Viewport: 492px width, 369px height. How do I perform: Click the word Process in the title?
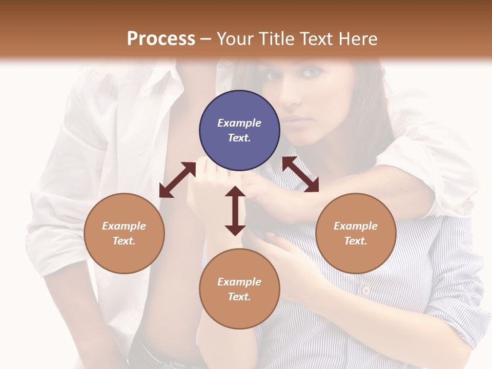161,39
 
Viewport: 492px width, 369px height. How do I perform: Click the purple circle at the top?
239,131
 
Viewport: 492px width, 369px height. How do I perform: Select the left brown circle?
124,233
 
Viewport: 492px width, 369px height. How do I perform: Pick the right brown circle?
356,233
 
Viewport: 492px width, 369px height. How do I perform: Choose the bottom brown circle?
239,289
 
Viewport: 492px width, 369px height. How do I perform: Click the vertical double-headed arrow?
235,211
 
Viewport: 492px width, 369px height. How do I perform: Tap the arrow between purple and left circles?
177,180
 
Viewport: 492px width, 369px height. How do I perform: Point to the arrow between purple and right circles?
300,174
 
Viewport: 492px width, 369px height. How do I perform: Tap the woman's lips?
293,122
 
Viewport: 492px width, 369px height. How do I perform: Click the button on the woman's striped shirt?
365,290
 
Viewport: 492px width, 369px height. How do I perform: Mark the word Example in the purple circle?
239,123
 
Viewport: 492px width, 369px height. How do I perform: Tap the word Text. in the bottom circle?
239,297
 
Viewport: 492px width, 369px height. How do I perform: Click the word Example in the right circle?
356,226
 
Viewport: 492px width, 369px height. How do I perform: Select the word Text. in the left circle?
124,241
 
